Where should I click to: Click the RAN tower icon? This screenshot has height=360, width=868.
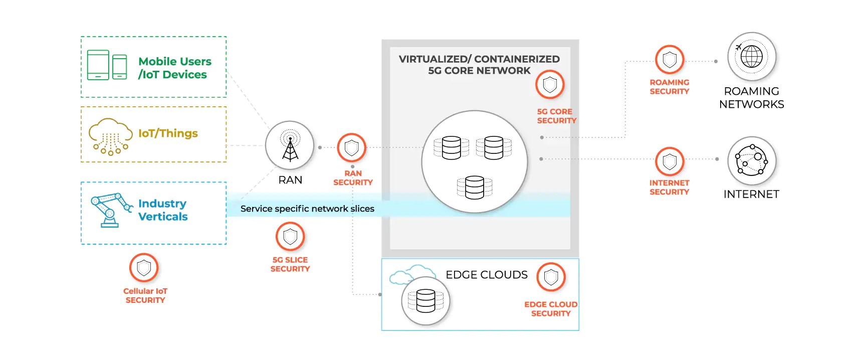[x=290, y=146]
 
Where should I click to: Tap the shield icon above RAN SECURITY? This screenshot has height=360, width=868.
[x=351, y=148]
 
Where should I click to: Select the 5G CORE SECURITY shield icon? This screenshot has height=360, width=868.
[x=550, y=85]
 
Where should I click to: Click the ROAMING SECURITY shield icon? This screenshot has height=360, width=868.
[x=670, y=60]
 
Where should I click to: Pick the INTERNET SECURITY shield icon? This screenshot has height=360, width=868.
[x=670, y=161]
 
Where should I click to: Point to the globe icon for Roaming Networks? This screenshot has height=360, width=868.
[x=751, y=57]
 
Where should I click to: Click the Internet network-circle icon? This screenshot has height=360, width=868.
[x=751, y=160]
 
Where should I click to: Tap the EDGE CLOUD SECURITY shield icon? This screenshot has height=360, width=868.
[x=551, y=277]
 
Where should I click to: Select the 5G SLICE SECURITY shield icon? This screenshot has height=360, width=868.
[x=290, y=236]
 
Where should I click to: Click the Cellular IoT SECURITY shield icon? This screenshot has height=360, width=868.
[x=144, y=268]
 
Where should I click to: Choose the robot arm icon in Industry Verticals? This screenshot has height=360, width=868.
[x=111, y=210]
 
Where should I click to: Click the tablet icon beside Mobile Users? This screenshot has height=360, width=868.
[x=98, y=65]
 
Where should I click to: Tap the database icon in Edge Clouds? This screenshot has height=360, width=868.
[x=425, y=301]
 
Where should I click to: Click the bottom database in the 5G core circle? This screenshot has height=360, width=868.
[x=475, y=188]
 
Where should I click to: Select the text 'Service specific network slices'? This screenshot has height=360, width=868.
[x=307, y=209]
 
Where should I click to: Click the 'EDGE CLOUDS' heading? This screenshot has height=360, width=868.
[x=487, y=275]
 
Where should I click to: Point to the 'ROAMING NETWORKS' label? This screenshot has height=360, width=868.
[x=751, y=98]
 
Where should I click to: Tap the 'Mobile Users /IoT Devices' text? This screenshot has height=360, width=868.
[x=174, y=68]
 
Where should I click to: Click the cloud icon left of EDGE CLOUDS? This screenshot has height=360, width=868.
[x=407, y=274]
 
